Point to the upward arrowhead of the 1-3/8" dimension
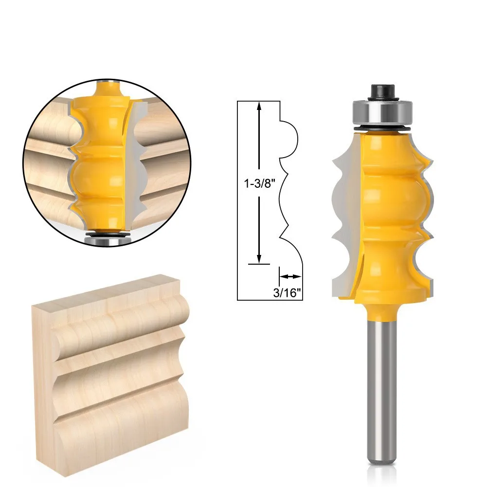(260, 105)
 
